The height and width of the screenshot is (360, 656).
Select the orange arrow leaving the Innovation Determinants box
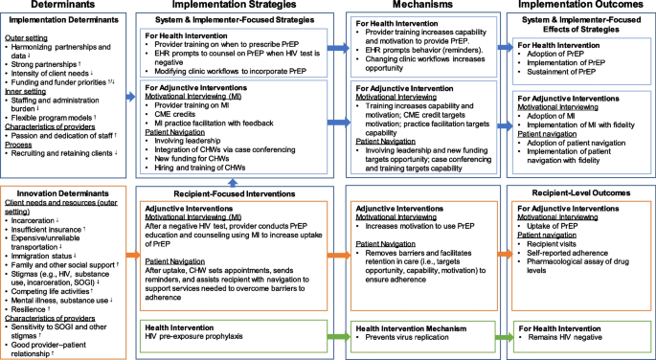[118, 256]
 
